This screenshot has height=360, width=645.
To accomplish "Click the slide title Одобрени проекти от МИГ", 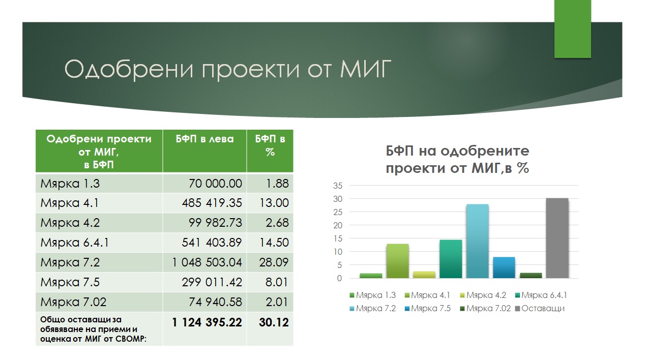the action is pyautogui.click(x=228, y=69).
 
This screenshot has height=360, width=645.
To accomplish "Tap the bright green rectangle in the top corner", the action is pyautogui.click(x=572, y=29).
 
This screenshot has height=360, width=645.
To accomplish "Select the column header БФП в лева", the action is pyautogui.click(x=204, y=139).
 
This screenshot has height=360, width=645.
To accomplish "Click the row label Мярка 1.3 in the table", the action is pyautogui.click(x=70, y=184).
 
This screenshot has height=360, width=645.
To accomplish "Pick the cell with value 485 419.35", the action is pyautogui.click(x=212, y=203).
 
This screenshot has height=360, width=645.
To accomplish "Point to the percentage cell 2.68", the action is pyautogui.click(x=277, y=223).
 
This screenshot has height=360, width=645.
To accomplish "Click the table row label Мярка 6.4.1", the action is pyautogui.click(x=75, y=243).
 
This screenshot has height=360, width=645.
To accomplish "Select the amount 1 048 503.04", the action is pyautogui.click(x=207, y=262).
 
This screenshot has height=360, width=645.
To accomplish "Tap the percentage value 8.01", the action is pyautogui.click(x=277, y=282).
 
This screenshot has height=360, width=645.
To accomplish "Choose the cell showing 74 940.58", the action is pyautogui.click(x=215, y=302).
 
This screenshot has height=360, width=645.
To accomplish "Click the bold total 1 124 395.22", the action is pyautogui.click(x=207, y=322).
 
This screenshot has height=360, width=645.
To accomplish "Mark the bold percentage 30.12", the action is pyautogui.click(x=274, y=322).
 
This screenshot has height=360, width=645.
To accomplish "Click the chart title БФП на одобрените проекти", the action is pyautogui.click(x=457, y=160).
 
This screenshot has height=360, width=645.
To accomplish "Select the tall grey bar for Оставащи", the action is pyautogui.click(x=557, y=238).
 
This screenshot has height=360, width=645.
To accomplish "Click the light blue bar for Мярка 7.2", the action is pyautogui.click(x=478, y=241).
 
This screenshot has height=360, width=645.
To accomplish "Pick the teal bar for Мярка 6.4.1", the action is pyautogui.click(x=451, y=259).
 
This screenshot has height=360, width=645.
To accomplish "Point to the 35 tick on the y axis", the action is pyautogui.click(x=338, y=186).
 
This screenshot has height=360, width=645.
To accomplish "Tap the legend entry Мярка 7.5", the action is pyautogui.click(x=428, y=309).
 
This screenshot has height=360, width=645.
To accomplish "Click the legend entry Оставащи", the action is pyautogui.click(x=540, y=309).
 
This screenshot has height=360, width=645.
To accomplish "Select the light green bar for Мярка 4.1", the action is pyautogui.click(x=397, y=261).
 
